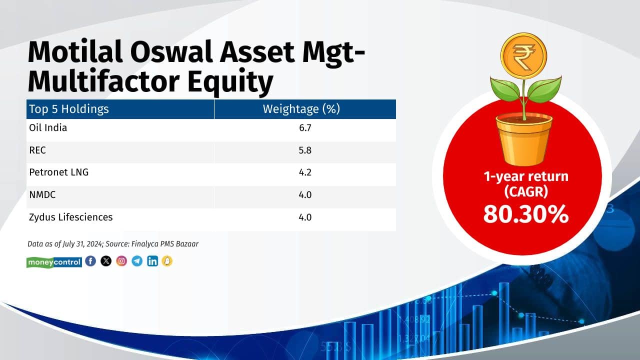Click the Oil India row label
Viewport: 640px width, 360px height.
coord(48,127)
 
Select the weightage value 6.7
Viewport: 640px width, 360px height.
coord(305,128)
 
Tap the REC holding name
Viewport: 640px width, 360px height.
coord(37,150)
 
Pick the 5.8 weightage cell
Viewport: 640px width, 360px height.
coord(305,150)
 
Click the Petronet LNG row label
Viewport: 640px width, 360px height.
coord(59,172)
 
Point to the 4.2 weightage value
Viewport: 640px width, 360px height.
coord(305,173)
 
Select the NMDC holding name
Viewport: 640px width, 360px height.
coord(42,195)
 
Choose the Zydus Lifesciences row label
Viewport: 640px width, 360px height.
coord(71,217)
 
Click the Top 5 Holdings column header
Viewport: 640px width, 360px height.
coord(69,109)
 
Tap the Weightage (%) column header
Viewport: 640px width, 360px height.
coord(301,109)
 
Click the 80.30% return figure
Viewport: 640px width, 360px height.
coord(525,214)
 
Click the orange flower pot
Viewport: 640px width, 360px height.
coord(523,139)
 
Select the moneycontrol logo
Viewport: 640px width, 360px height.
coord(54,262)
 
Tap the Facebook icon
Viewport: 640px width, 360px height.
coord(90,261)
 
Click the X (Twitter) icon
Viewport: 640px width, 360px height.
coord(106,261)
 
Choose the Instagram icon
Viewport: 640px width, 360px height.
coord(121,261)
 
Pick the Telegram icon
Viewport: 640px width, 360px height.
coord(137,261)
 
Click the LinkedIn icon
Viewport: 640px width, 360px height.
coord(152,261)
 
